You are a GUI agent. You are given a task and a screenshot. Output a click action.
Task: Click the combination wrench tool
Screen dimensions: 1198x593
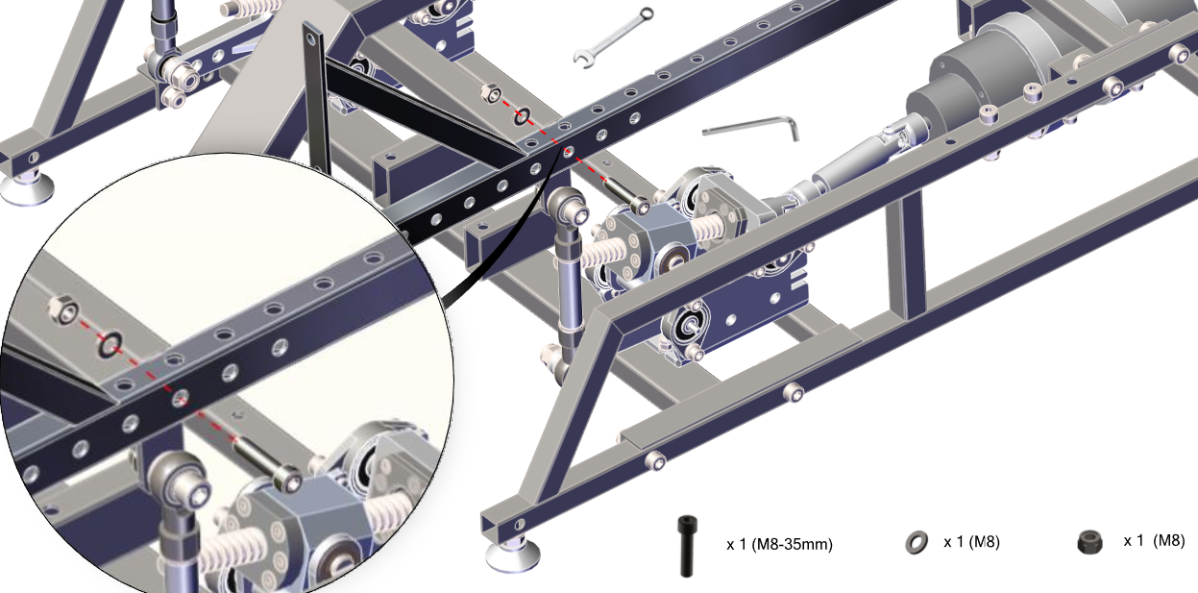[x=613, y=37]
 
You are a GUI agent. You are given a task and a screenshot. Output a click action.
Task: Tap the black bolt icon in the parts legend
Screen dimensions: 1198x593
[x=687, y=546]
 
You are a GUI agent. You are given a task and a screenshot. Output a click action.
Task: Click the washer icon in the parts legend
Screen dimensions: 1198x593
[x=917, y=543]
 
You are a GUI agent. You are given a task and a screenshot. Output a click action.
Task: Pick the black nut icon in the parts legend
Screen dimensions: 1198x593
[x=1089, y=542]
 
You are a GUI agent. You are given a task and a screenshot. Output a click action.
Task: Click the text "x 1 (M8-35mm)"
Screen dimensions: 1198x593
[x=779, y=544]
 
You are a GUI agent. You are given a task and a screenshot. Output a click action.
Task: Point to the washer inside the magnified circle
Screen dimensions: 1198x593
[x=110, y=345]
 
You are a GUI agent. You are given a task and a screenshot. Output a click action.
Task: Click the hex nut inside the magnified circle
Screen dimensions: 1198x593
[x=63, y=309]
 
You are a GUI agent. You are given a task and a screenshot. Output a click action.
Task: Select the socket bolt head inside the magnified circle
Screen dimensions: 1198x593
[x=289, y=480]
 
